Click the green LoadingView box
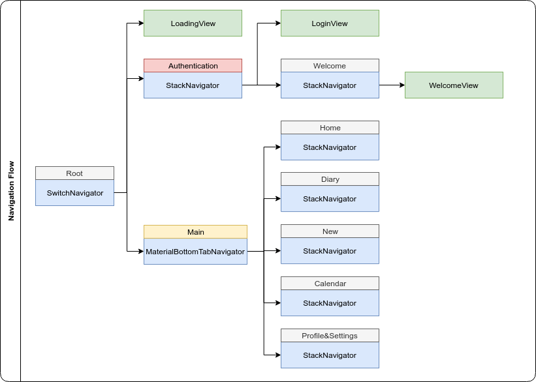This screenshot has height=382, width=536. point(193,23)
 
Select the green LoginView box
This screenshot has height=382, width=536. point(330,23)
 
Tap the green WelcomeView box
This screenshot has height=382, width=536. point(454,85)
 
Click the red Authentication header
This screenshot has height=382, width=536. point(193,66)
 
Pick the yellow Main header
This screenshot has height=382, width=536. point(195,232)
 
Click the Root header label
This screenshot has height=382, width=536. point(74,173)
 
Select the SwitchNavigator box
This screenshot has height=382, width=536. point(74,193)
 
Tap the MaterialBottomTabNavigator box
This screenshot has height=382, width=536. point(195,252)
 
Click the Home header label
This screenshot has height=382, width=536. point(330,128)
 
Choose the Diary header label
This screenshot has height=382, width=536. point(330,179)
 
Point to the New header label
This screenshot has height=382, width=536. point(330,231)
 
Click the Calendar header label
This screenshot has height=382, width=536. point(330,284)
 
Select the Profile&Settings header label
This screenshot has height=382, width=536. point(330,336)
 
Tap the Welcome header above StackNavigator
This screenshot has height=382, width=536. point(330,66)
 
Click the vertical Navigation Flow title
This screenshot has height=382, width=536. point(11,191)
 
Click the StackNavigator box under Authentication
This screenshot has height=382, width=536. point(193,85)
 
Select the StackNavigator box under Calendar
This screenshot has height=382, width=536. point(330,303)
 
